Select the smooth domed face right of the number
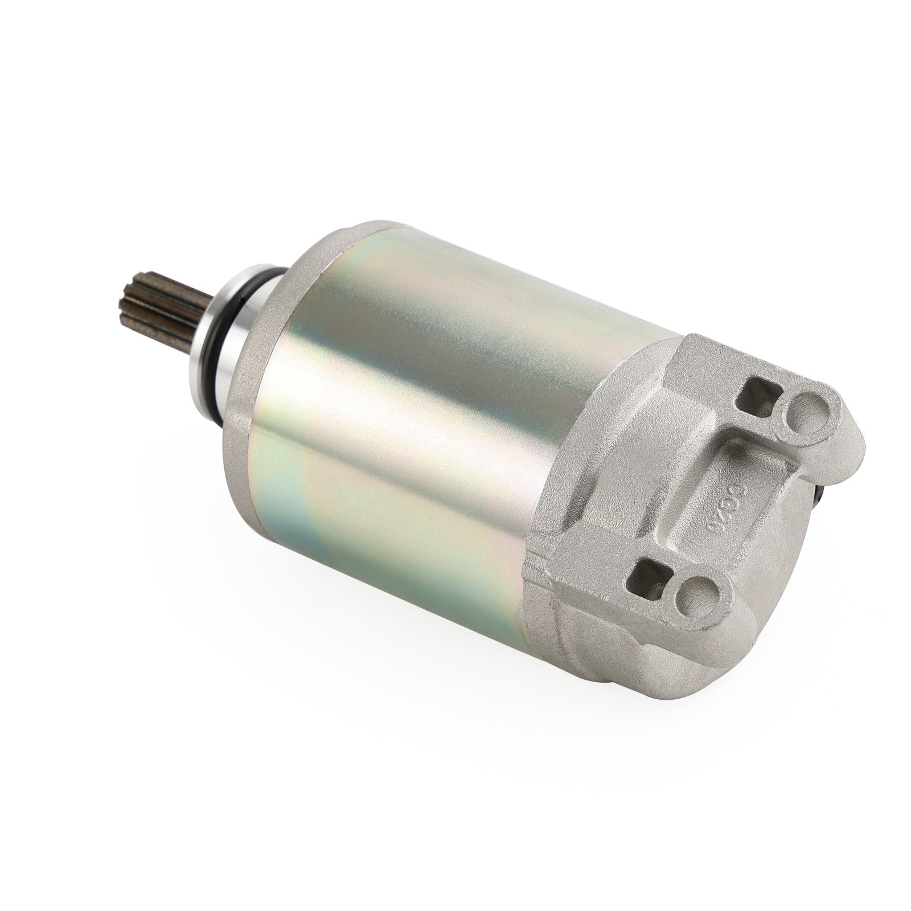coord(780,547)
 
